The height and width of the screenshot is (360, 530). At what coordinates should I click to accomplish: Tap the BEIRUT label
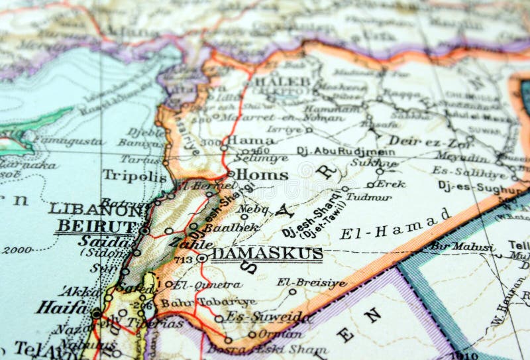tap(97, 226)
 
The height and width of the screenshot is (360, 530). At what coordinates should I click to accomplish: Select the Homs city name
tap(262, 175)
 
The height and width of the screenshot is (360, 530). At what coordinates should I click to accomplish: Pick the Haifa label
tap(62, 307)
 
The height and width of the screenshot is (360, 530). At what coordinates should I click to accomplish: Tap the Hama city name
tap(250, 141)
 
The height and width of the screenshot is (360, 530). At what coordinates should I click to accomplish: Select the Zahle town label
tap(190, 243)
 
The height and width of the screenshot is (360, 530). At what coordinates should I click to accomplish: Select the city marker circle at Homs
tap(231, 174)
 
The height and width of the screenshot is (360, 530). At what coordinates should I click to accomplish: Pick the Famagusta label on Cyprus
tap(69, 141)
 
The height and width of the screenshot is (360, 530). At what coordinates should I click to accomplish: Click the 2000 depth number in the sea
tap(17, 250)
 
